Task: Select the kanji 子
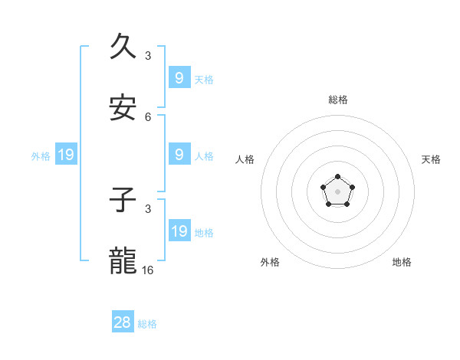(123, 201)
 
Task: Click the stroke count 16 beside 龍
(148, 270)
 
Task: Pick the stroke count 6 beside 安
(148, 116)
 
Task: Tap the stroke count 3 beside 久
(148, 55)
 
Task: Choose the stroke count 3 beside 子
(148, 208)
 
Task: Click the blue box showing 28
(123, 322)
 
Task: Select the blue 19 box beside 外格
(66, 155)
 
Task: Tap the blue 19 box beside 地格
(179, 231)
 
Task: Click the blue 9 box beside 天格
(179, 77)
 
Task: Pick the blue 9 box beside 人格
(179, 155)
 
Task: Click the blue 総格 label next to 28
(147, 324)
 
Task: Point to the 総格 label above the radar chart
(338, 100)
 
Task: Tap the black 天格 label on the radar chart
(432, 159)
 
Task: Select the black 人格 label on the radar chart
(245, 159)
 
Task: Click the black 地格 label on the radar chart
(402, 262)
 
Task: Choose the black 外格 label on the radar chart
(270, 262)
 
